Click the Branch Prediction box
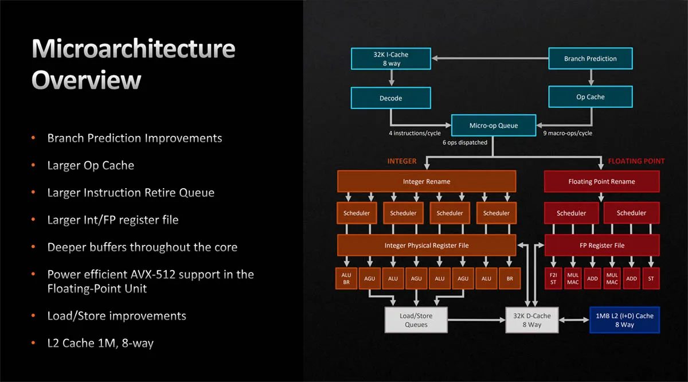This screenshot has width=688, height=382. coord(591,59)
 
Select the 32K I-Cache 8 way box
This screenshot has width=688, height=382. coord(391,59)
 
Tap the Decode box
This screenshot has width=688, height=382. coord(390,98)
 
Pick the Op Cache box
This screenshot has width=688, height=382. coord(591,97)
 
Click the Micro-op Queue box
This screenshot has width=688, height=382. coord(494,126)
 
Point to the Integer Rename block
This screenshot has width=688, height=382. coord(427,181)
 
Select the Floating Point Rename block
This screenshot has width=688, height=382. coord(601,181)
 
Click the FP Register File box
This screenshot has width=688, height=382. coord(602,245)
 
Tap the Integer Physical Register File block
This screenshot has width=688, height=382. coord(427,245)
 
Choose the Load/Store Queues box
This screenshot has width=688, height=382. coord(416,320)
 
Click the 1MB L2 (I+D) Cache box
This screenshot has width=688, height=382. coord(624,320)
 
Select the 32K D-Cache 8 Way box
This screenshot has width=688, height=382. coord(532,320)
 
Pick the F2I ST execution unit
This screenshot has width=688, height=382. coord(553,278)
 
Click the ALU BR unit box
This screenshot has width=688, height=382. coord(346,278)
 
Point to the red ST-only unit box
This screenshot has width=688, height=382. coord(651,278)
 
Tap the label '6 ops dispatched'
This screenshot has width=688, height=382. coord(465,142)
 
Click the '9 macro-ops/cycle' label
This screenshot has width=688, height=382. coord(568,133)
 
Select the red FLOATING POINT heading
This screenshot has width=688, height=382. coord(636,161)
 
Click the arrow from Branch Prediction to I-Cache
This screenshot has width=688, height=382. coord(490,58)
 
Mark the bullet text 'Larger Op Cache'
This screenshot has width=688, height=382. coord(91,165)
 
